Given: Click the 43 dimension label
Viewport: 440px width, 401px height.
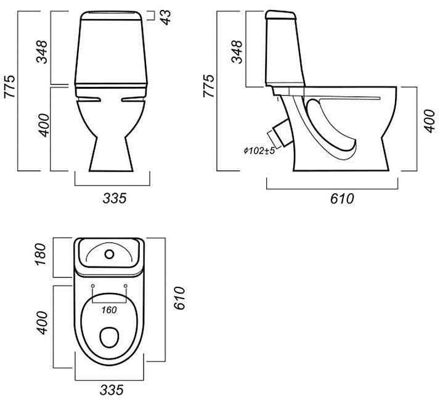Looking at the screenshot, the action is [x=166, y=17].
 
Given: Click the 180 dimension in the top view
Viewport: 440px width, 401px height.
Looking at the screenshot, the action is [x=40, y=254].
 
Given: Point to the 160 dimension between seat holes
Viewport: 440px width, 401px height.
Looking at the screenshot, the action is [x=109, y=310].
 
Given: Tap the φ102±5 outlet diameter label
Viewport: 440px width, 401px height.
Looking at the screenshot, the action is [x=259, y=151].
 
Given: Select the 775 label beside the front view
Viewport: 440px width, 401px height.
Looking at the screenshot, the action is [x=10, y=86].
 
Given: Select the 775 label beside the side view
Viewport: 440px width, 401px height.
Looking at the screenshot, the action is [x=209, y=86].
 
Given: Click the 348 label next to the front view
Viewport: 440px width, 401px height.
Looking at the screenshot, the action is [x=42, y=52].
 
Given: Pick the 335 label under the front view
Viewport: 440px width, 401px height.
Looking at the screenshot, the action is [x=115, y=198].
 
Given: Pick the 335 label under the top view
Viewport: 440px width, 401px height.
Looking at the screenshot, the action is [x=112, y=390].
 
